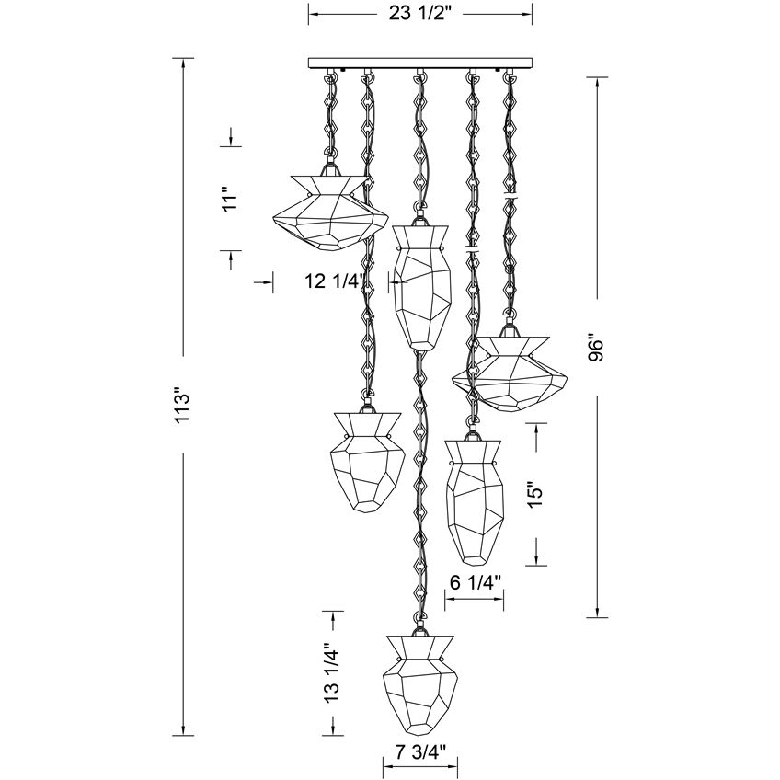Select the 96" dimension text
pos(599,350)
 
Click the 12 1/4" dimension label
pos(337,282)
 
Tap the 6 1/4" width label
pos(475,582)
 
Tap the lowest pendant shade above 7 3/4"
pos(420,680)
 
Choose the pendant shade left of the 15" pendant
pos(368,460)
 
